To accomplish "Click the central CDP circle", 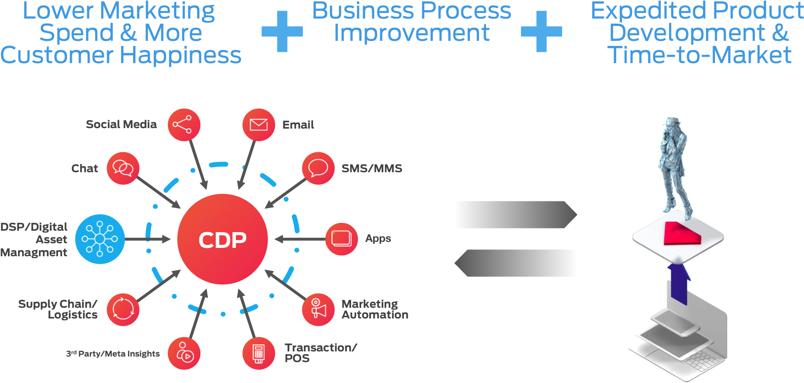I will (223, 239).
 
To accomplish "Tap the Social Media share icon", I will (184, 125).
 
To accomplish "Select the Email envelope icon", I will (259, 125).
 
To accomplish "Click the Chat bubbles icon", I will (123, 168).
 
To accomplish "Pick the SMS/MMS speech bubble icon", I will (318, 168).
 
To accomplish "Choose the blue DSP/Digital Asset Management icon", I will (100, 239).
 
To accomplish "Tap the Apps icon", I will (342, 239).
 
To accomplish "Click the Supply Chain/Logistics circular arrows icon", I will (123, 310).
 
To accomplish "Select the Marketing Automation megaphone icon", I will (318, 310).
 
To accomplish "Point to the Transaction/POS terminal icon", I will (259, 353).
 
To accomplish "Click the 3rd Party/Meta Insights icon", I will (184, 353).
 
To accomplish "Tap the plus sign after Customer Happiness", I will (282, 32).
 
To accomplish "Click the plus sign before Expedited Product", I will (541, 32).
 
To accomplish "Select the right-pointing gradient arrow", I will (515, 214).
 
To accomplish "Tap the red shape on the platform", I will (681, 234).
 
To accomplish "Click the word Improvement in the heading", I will (411, 33).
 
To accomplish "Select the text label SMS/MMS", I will (372, 169).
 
